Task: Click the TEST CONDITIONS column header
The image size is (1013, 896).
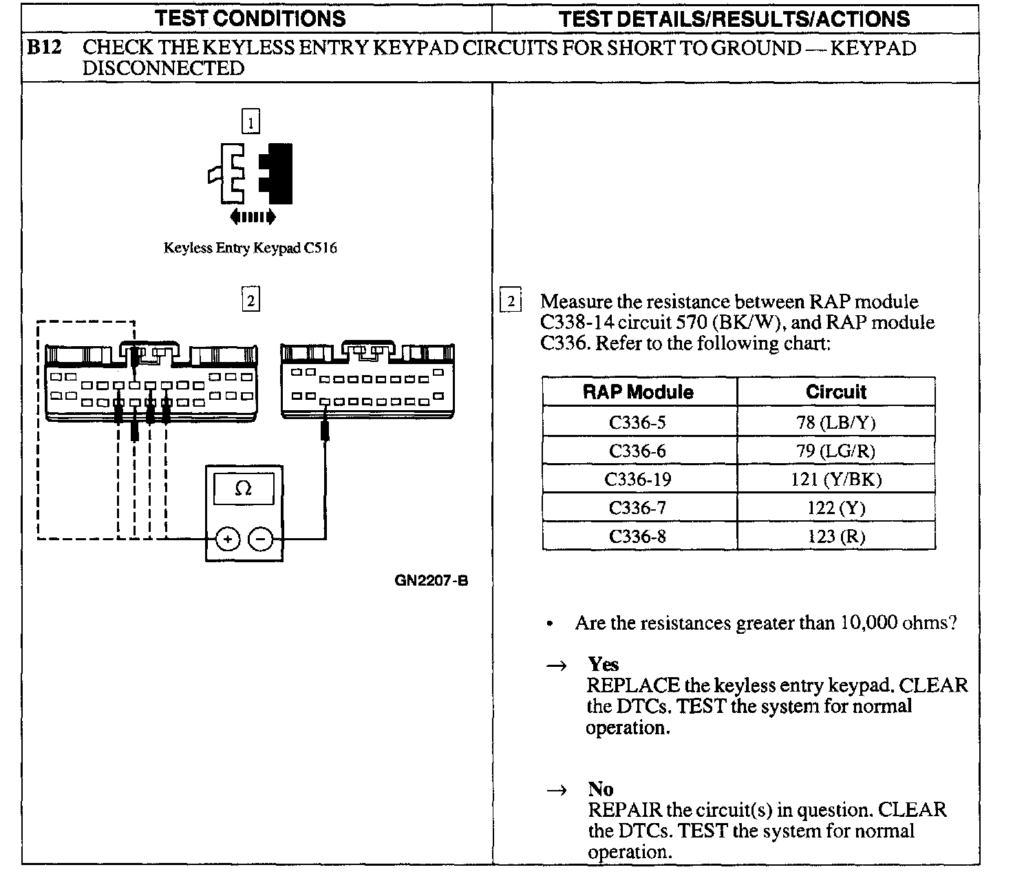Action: [250, 19]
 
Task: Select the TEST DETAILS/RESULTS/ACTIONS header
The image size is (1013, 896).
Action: [734, 19]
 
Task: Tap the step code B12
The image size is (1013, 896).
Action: [45, 48]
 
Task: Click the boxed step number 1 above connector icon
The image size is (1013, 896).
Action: [251, 122]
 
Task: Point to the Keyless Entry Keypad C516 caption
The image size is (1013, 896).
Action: [250, 248]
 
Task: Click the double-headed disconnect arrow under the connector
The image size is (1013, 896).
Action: [253, 217]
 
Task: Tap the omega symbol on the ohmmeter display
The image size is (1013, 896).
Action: [243, 489]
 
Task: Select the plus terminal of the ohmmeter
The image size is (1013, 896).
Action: [227, 539]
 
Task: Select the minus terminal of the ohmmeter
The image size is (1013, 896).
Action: [260, 539]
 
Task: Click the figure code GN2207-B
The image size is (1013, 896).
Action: [431, 580]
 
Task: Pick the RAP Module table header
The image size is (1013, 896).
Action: [638, 392]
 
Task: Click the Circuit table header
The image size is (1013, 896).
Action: [835, 392]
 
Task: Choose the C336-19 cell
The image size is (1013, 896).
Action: [638, 480]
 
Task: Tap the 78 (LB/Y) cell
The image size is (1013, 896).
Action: [835, 423]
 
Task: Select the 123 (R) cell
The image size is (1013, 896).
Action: [835, 536]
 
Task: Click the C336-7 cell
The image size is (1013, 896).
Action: [638, 508]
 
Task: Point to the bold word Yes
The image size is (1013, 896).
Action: [603, 664]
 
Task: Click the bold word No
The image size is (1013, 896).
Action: [600, 789]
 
